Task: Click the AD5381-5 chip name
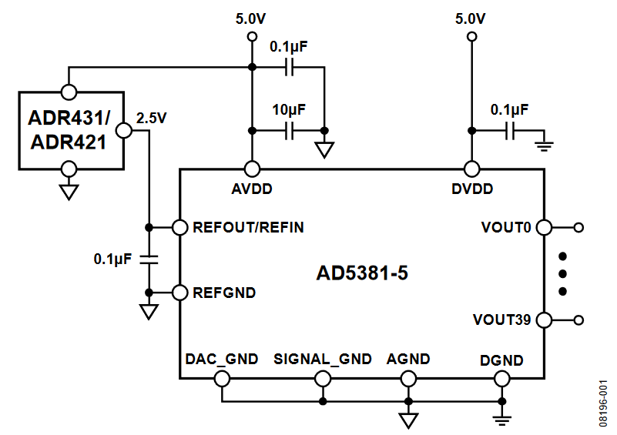coord(361,274)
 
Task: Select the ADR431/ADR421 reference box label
coord(69,130)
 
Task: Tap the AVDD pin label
coord(251,189)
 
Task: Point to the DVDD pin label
coord(471,189)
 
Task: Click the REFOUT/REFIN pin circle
coord(180,228)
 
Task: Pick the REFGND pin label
coord(224,293)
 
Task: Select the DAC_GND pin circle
coord(222,378)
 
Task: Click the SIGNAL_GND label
coord(323,360)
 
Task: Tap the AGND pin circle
coord(408,378)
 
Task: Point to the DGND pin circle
coord(502,378)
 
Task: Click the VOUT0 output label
coord(506,228)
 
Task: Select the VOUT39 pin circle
coord(544,320)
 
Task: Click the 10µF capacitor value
coord(289,109)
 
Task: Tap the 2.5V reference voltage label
coord(152,118)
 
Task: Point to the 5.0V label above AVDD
coord(251,18)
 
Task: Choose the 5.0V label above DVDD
coord(470,18)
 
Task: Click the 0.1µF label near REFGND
coord(113,259)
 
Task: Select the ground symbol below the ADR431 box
coord(69,192)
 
